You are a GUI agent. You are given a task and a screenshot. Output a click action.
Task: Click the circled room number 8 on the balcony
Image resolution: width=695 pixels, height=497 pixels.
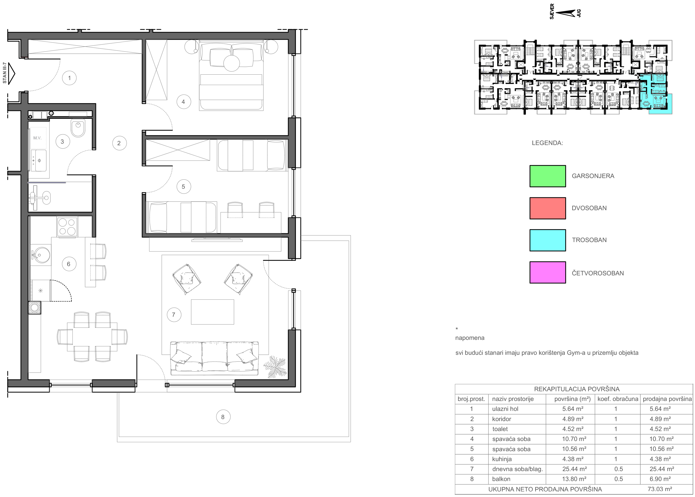click(223, 417)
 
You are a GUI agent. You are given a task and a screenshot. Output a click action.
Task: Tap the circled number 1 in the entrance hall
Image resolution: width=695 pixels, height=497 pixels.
click(69, 78)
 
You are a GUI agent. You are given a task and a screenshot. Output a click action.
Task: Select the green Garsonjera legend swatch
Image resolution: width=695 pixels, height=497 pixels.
click(547, 176)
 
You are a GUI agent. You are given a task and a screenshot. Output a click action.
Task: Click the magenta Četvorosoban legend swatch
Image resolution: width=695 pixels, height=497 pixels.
click(547, 272)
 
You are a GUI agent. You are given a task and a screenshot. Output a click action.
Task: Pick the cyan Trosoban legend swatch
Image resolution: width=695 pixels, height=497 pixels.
click(547, 240)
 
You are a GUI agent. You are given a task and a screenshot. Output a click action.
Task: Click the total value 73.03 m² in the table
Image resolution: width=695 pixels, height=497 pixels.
click(660, 489)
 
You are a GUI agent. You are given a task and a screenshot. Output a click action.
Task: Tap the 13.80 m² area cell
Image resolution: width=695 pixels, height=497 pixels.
click(574, 479)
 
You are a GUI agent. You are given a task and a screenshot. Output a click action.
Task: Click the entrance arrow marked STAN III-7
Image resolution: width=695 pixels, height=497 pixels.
click(11, 73)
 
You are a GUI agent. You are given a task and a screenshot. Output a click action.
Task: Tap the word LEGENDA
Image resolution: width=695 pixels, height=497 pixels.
click(547, 143)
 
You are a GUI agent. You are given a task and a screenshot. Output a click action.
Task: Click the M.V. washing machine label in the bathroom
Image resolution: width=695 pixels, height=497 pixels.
click(37, 138)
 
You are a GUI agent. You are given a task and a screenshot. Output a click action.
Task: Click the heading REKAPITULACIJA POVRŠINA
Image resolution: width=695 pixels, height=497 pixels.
click(577, 389)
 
